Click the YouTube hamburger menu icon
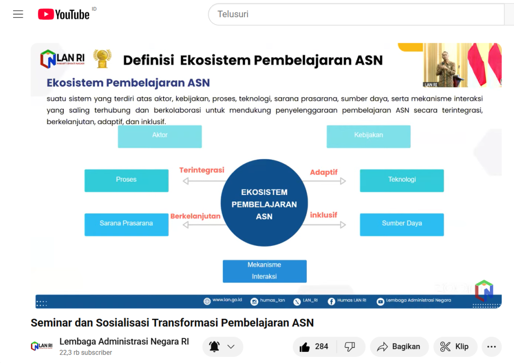point(18,14)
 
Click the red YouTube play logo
point(46,14)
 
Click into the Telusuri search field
point(356,14)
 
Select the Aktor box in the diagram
point(160,137)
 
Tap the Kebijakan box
point(368,137)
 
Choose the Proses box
point(126,180)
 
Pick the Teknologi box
point(402,180)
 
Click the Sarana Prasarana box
point(126,225)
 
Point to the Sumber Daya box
point(402,225)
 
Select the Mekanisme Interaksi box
point(265,271)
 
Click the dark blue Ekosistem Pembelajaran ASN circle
point(264,203)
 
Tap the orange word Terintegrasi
point(202,170)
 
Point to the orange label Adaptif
point(324,172)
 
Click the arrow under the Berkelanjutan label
point(204,225)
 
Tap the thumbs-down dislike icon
point(350,346)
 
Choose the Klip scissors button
point(455,346)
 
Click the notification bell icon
point(214,346)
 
